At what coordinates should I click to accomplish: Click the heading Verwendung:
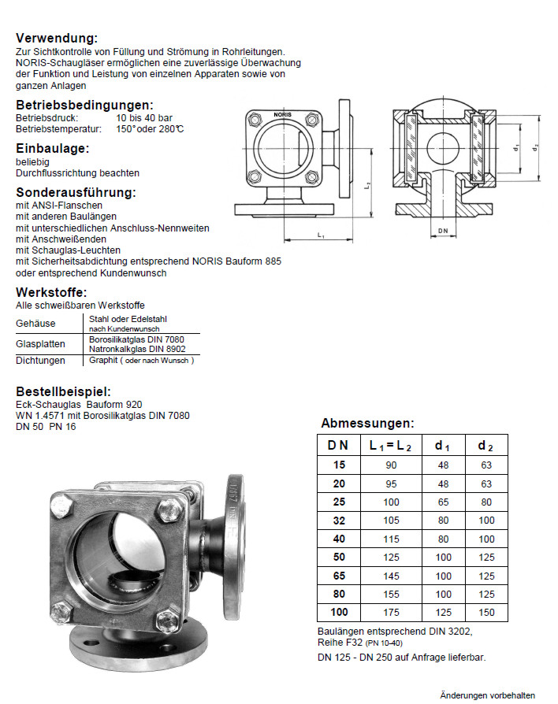57,39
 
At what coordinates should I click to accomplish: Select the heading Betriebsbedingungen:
84,106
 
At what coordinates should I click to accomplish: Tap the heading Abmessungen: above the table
366,424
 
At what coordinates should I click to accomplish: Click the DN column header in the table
337,445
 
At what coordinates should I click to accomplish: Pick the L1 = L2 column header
391,445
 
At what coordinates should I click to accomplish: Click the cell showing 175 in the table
391,612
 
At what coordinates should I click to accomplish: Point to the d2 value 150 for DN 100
485,612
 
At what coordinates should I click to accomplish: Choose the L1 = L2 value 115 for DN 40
391,539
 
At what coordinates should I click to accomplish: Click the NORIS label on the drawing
282,116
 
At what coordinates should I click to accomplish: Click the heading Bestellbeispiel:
62,392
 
